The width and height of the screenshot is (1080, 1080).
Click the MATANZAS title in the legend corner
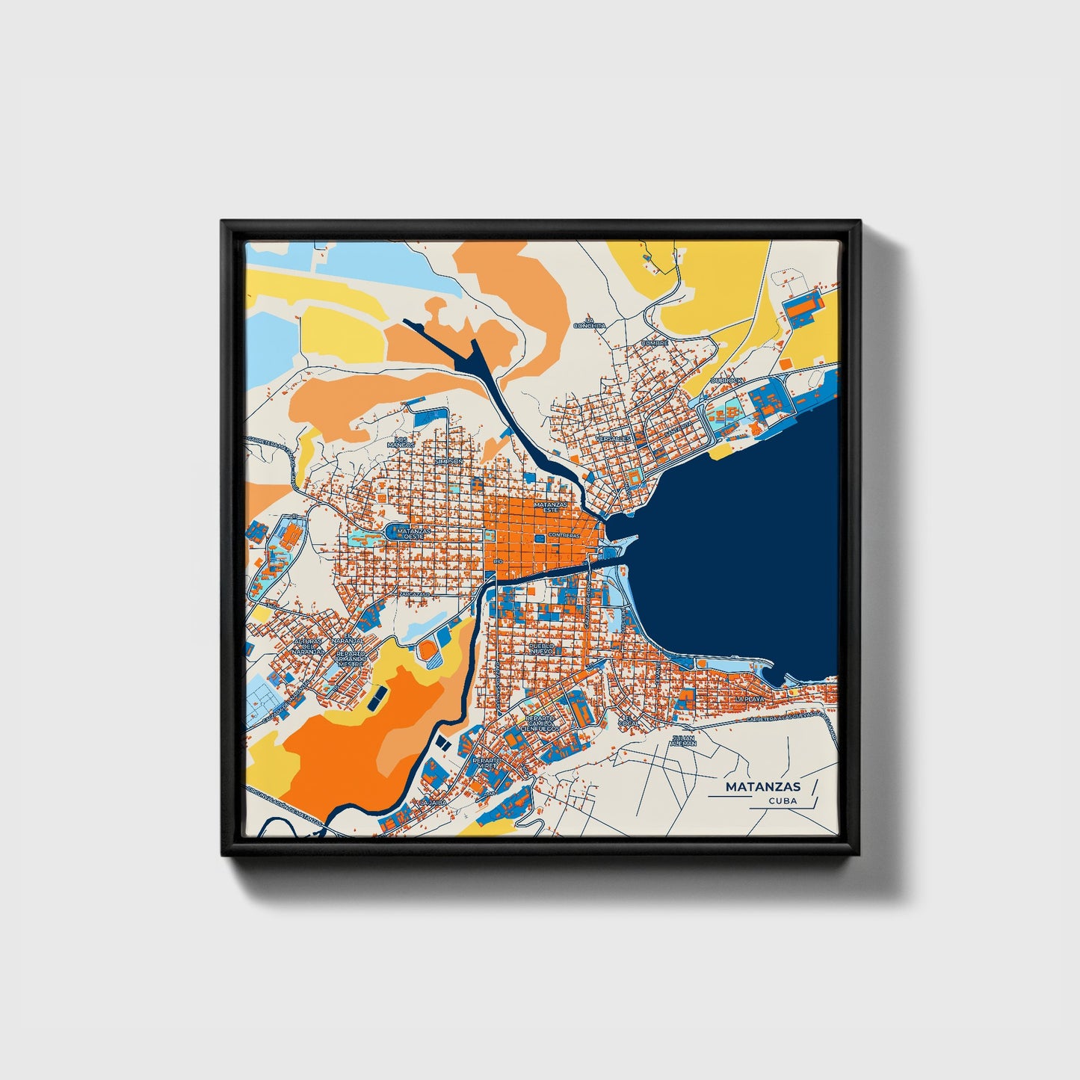pyautogui.click(x=762, y=786)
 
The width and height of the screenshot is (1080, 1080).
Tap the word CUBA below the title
pyautogui.click(x=782, y=800)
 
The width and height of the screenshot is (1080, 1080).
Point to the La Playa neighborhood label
pyautogui.click(x=750, y=699)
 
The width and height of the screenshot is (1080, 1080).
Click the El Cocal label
pyautogui.click(x=629, y=720)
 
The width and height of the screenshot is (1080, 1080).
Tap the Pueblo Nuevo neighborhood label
pyautogui.click(x=540, y=648)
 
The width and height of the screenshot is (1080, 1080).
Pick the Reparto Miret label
pyautogui.click(x=487, y=763)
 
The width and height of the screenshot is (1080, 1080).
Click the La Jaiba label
pyautogui.click(x=433, y=802)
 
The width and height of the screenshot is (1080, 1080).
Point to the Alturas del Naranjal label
pyautogui.click(x=309, y=647)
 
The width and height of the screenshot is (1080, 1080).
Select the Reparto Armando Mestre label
pyautogui.click(x=350, y=658)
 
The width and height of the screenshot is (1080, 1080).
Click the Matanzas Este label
pyautogui.click(x=546, y=507)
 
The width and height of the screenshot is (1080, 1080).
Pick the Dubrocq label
pyautogui.click(x=726, y=380)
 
